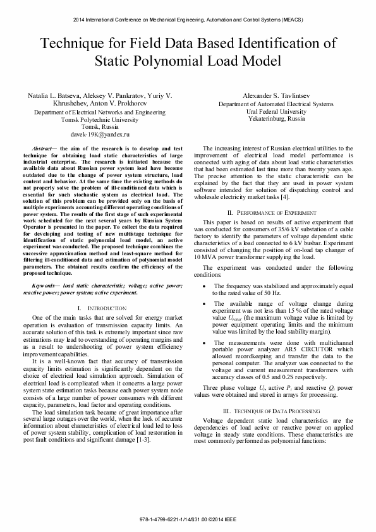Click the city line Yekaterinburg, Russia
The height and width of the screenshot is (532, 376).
(280, 118)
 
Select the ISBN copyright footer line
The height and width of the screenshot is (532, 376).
(188, 519)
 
